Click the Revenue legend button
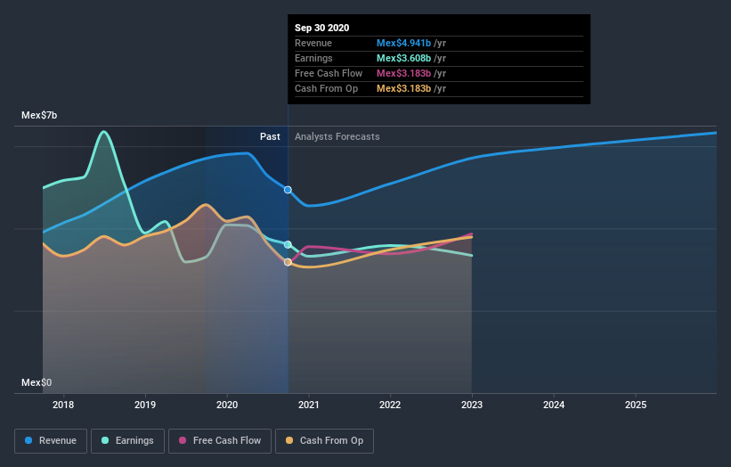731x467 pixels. [x=52, y=440]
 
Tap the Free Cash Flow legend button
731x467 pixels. [x=219, y=440]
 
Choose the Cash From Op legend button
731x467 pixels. [x=326, y=440]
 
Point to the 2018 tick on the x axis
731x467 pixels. [x=63, y=406]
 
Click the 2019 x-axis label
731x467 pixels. [x=145, y=406]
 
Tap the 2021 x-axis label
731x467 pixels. [x=308, y=406]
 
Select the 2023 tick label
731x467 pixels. [x=472, y=406]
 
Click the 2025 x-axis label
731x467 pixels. [x=636, y=406]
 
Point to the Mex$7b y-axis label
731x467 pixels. [x=39, y=116]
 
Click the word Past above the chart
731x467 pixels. [x=270, y=136]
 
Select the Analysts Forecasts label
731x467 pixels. [x=337, y=136]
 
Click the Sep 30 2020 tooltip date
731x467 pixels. [x=322, y=28]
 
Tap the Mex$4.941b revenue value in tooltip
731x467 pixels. [x=403, y=43]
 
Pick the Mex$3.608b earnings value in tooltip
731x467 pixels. [x=403, y=58]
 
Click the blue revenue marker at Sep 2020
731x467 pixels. [x=288, y=190]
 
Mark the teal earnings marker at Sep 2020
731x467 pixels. [x=288, y=244]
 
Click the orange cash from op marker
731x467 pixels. [x=288, y=262]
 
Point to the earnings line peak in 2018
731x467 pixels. [x=104, y=132]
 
